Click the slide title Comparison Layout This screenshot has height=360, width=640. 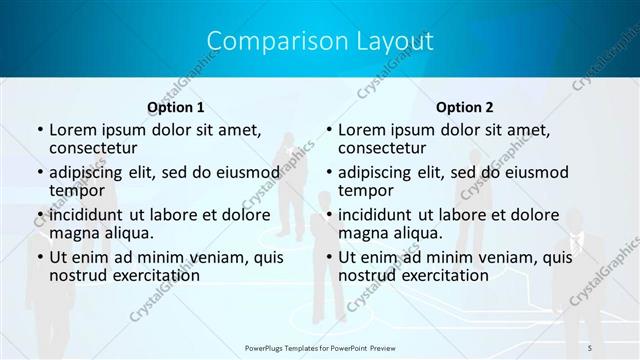(320, 42)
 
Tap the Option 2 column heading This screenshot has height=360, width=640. (464, 107)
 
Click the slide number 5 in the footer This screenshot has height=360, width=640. (590, 347)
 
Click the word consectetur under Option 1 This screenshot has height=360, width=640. (94, 148)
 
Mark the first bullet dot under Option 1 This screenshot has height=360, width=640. (39, 130)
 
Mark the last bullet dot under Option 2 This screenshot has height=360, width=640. (328, 257)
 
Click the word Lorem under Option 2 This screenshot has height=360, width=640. (361, 130)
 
